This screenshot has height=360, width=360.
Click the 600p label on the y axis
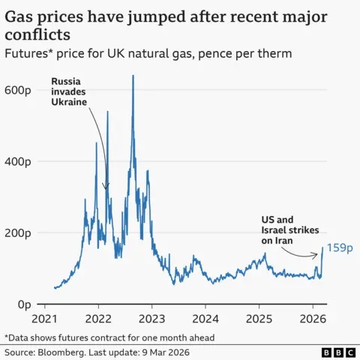pyautogui.click(x=17, y=89)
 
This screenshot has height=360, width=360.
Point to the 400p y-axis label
pyautogui.click(x=17, y=161)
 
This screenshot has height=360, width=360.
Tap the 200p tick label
pyautogui.click(x=17, y=233)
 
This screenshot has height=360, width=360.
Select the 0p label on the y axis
pyautogui.click(x=22, y=304)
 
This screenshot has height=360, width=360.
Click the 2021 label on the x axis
pyautogui.click(x=46, y=318)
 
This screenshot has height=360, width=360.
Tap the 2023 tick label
pyautogui.click(x=152, y=318)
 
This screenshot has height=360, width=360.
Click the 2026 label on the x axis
pyautogui.click(x=312, y=318)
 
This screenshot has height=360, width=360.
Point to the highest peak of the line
pyautogui.click(x=133, y=76)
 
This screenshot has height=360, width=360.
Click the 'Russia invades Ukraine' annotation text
pyautogui.click(x=70, y=91)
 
